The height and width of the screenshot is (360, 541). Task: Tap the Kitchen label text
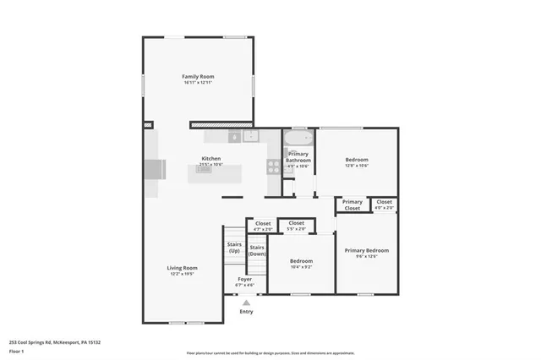click(x=211, y=159)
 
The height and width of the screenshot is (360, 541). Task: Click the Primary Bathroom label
click(x=298, y=156)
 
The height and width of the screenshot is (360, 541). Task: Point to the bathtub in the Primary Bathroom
click(x=297, y=138)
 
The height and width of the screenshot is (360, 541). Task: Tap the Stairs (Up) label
click(x=234, y=248)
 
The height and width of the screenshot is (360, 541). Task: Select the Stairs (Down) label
click(x=257, y=250)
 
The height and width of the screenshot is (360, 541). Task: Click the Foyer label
click(x=245, y=279)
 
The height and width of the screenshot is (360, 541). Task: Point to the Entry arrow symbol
click(x=246, y=302)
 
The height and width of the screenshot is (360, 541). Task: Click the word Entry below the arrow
click(x=246, y=312)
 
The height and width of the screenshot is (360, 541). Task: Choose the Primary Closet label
click(x=352, y=205)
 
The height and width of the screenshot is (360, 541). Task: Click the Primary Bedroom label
click(x=367, y=250)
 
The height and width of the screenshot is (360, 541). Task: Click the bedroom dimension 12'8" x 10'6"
click(x=356, y=166)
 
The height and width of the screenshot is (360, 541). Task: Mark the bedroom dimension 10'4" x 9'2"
click(x=301, y=267)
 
